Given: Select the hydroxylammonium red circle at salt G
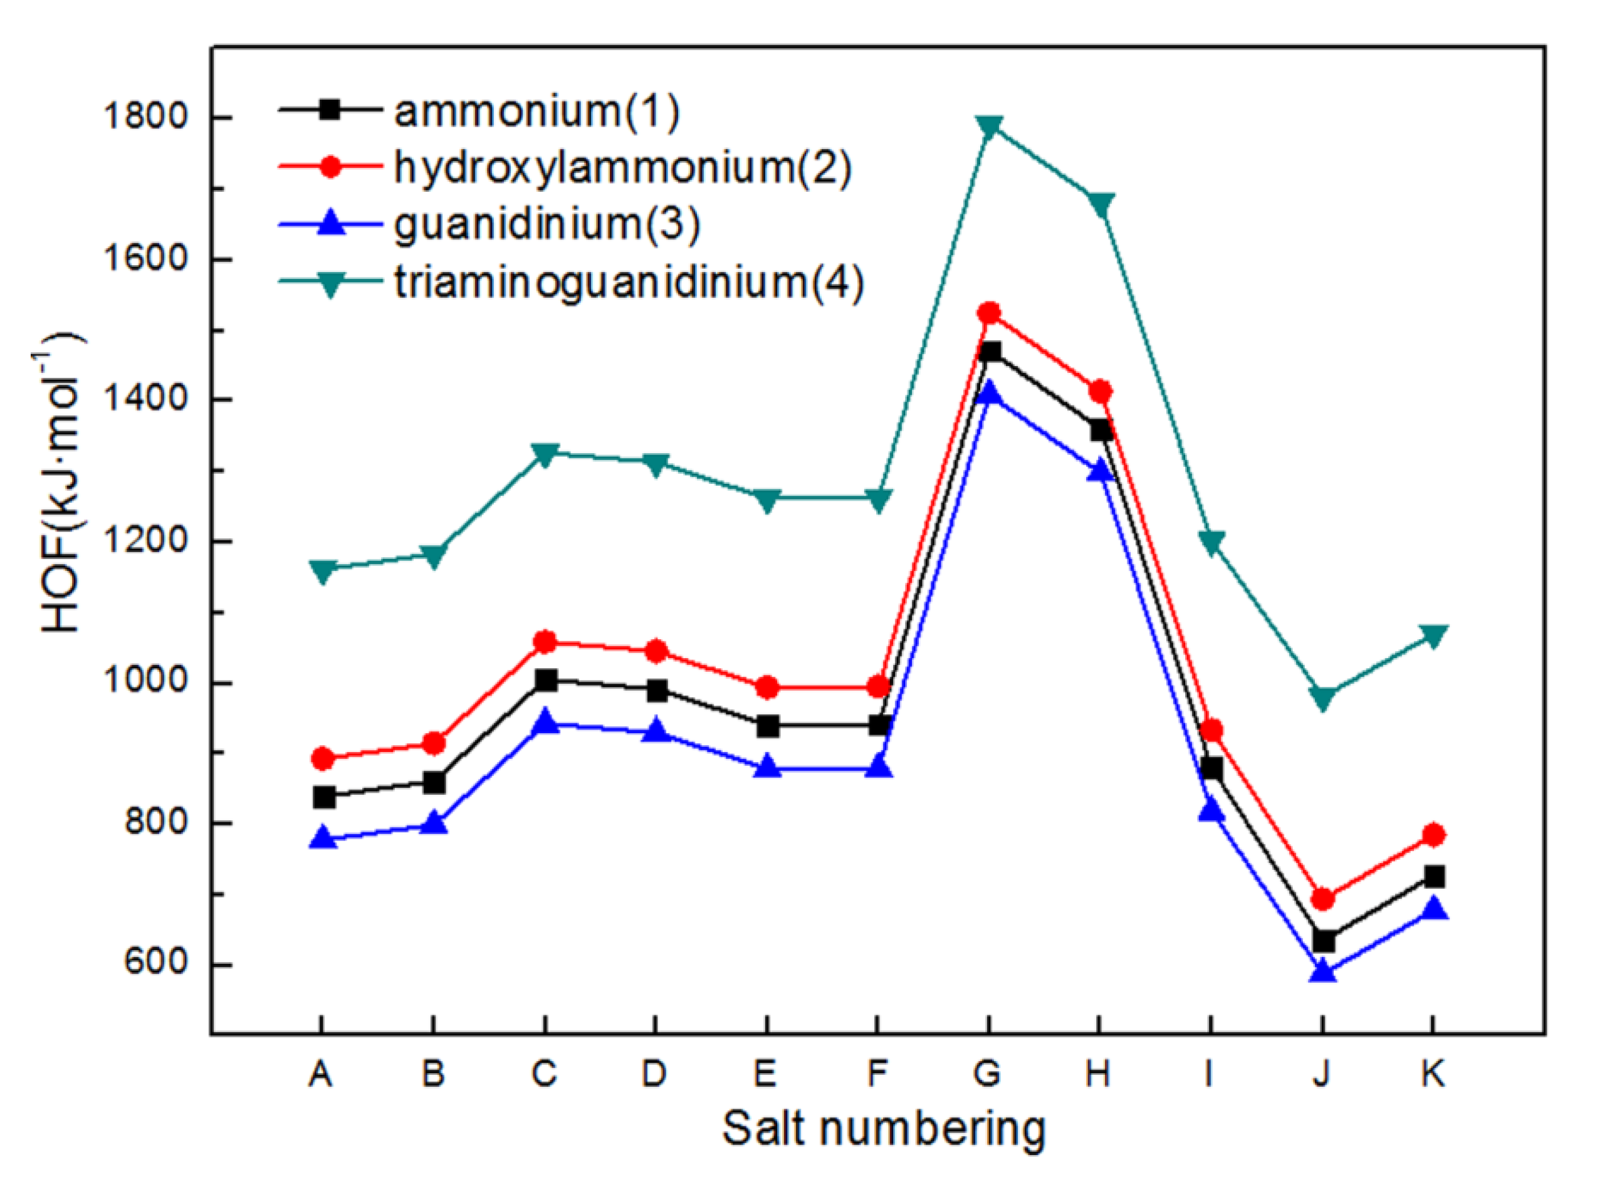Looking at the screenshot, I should [x=990, y=313].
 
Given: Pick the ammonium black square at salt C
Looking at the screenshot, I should [x=545, y=680].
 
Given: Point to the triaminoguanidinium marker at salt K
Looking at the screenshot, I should [x=1433, y=635].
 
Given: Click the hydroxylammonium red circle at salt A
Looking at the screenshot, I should [x=323, y=758].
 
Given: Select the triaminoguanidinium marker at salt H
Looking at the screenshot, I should [x=1101, y=204].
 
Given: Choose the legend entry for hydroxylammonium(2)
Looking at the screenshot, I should [x=622, y=168].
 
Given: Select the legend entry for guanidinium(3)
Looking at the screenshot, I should [x=547, y=224].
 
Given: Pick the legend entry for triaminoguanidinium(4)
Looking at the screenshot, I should [x=630, y=283].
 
